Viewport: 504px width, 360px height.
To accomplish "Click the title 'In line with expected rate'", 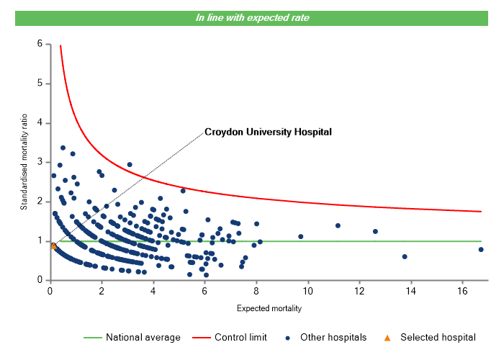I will pyautogui.click(x=253, y=18).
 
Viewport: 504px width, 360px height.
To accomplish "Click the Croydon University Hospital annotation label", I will pyautogui.click(x=268, y=132).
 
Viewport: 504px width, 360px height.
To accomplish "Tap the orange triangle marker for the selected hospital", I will pyautogui.click(x=53, y=246).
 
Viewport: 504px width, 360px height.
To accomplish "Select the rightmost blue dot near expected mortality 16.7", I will pyautogui.click(x=481, y=250).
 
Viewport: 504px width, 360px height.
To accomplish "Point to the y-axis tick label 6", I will pyautogui.click(x=40, y=44).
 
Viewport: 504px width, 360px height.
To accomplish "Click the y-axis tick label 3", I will pyautogui.click(x=40, y=162).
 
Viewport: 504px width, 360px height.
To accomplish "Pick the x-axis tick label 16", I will pyautogui.click(x=462, y=291).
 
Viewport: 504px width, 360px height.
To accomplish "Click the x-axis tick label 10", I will pyautogui.click(x=308, y=291).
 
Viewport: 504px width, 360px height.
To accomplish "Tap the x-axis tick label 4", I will pyautogui.click(x=153, y=291).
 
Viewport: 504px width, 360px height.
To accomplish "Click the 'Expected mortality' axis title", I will pyautogui.click(x=269, y=309).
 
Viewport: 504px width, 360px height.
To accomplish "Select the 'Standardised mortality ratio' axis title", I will pyautogui.click(x=24, y=161).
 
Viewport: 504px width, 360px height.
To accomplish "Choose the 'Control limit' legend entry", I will pyautogui.click(x=240, y=337).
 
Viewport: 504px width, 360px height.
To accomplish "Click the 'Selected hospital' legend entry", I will pyautogui.click(x=438, y=337).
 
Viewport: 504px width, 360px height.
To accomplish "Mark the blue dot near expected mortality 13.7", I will pyautogui.click(x=405, y=256).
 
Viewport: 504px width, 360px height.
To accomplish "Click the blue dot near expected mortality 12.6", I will pyautogui.click(x=375, y=231).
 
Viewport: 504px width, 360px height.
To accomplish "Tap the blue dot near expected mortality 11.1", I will pyautogui.click(x=338, y=225).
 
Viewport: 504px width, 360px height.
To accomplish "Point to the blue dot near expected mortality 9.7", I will pyautogui.click(x=301, y=236).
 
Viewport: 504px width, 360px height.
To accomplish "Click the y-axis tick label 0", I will pyautogui.click(x=40, y=280).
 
